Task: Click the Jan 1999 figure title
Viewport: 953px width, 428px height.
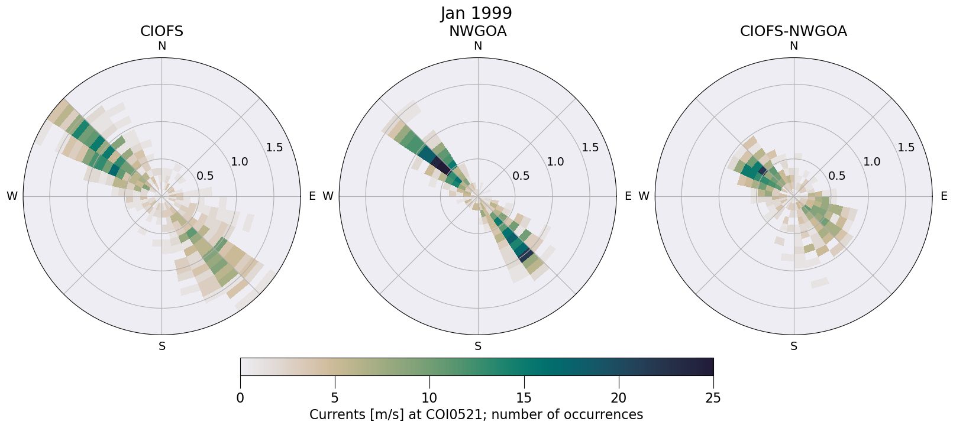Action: tap(476, 13)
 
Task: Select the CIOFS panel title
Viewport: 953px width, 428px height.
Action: tap(161, 31)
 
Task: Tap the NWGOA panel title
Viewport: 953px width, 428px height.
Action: tap(477, 31)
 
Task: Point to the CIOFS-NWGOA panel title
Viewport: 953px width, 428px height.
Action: tap(793, 31)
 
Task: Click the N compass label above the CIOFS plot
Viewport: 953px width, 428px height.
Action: tap(161, 46)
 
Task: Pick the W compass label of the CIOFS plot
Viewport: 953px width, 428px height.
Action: tap(12, 196)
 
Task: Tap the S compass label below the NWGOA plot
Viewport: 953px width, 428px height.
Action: tap(477, 346)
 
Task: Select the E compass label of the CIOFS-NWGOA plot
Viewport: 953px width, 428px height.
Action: tap(944, 196)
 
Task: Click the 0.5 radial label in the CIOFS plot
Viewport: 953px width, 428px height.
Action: tap(205, 176)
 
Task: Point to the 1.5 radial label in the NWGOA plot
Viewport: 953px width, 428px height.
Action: tap(590, 148)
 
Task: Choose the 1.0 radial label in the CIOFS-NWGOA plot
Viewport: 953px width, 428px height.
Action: tap(871, 162)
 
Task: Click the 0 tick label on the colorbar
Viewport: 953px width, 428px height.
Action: tap(240, 398)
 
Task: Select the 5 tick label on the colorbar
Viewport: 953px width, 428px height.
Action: tap(335, 398)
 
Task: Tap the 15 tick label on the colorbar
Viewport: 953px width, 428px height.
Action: tap(524, 398)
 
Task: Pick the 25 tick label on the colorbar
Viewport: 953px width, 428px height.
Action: tap(713, 398)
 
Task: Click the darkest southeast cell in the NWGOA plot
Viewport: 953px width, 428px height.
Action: tap(524, 255)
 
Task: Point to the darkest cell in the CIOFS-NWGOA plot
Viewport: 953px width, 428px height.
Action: tap(762, 171)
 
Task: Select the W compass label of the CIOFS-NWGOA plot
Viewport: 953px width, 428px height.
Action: tap(644, 196)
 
